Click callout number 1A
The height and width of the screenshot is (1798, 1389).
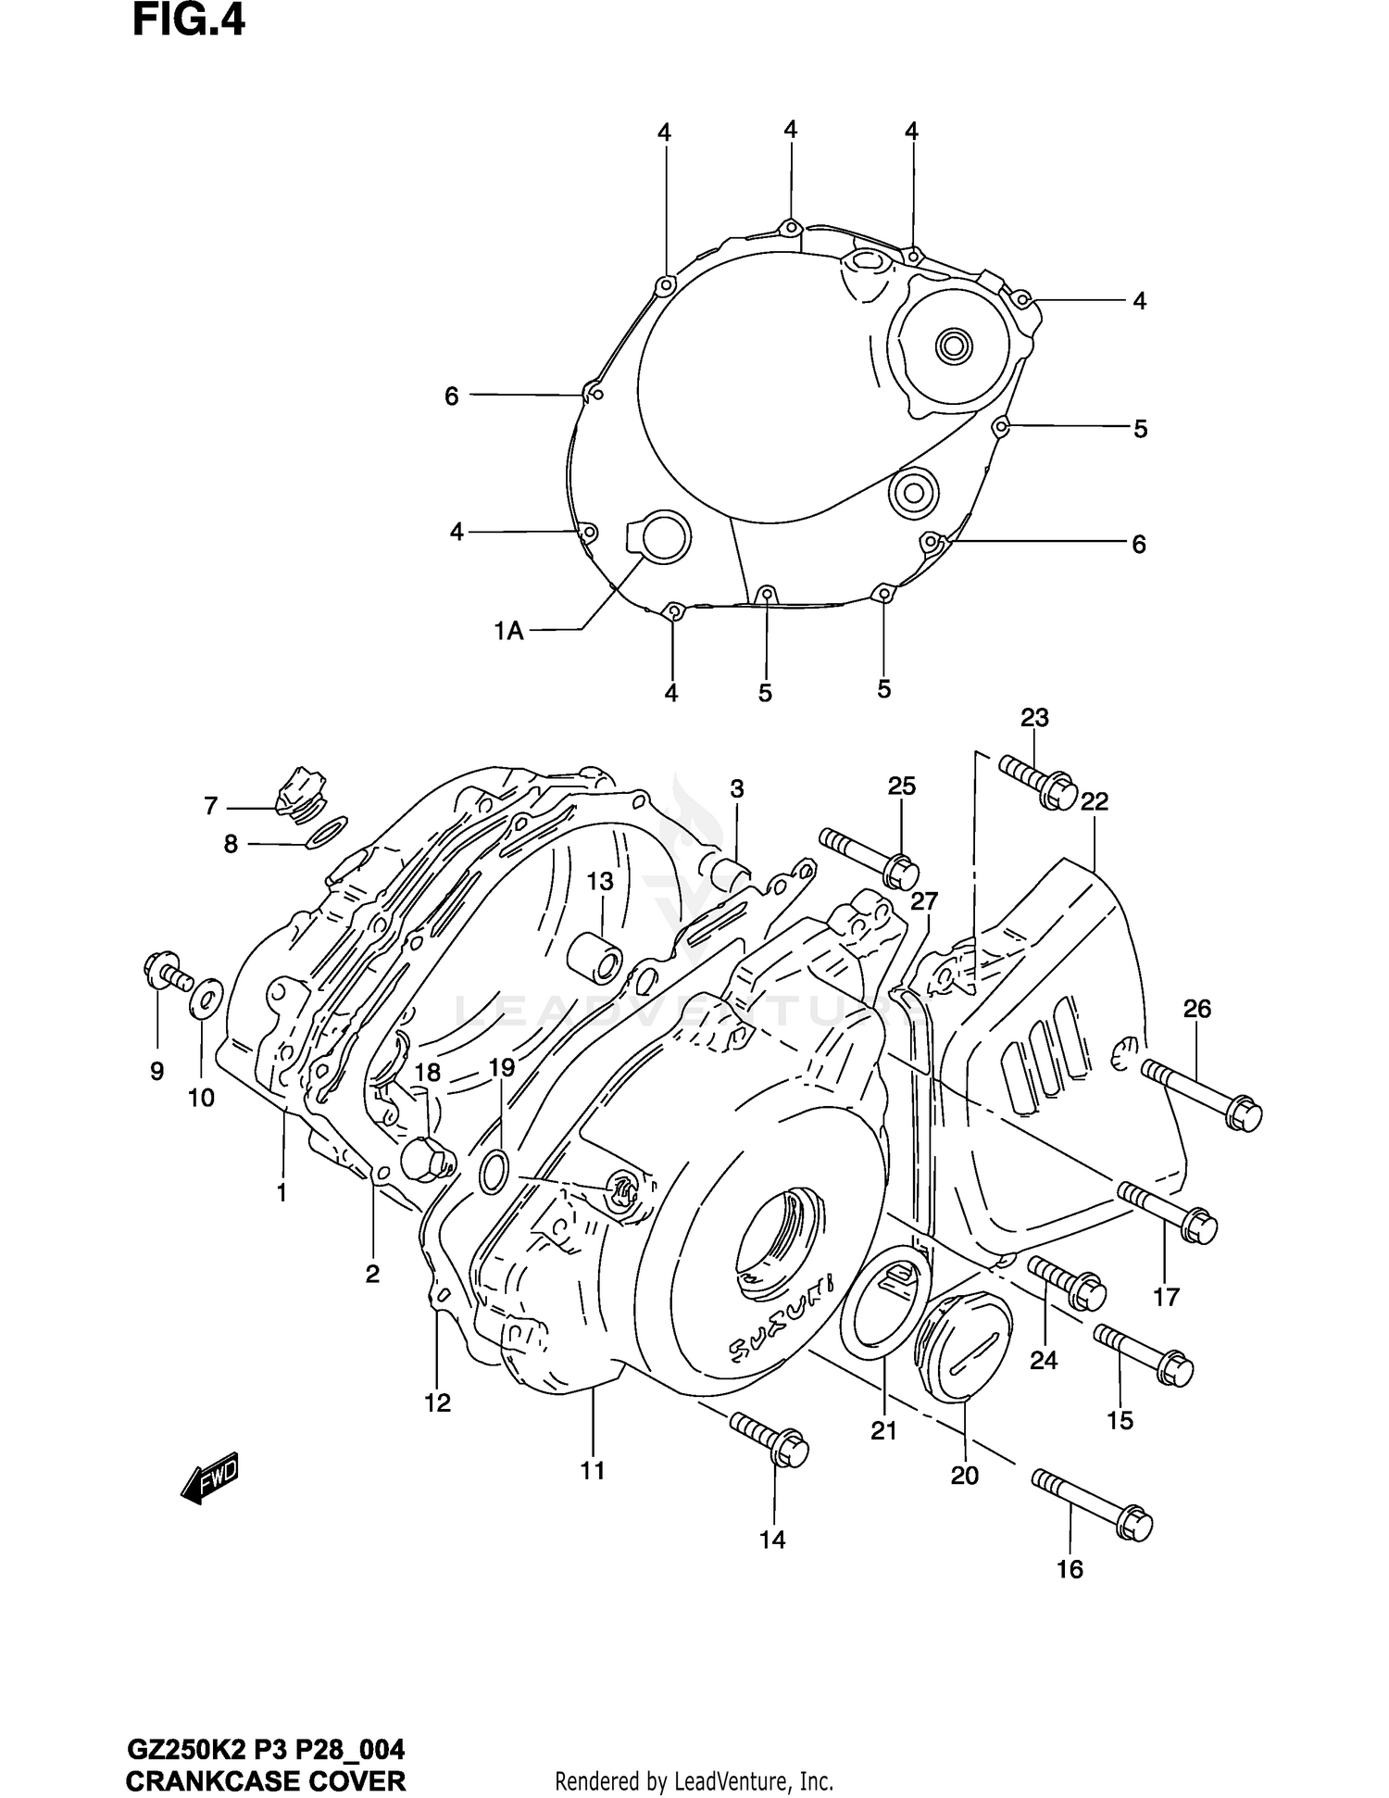tap(508, 632)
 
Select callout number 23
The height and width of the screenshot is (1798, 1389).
tap(1034, 717)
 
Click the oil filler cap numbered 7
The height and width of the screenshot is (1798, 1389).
tap(299, 790)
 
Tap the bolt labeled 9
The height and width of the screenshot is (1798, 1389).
tap(166, 971)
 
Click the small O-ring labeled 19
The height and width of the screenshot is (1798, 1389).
tap(494, 1172)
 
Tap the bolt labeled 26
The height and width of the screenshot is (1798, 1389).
tap(1202, 1094)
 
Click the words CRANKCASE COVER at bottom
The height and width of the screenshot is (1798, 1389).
tap(265, 1780)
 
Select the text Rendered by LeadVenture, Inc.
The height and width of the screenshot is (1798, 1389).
tap(694, 1780)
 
